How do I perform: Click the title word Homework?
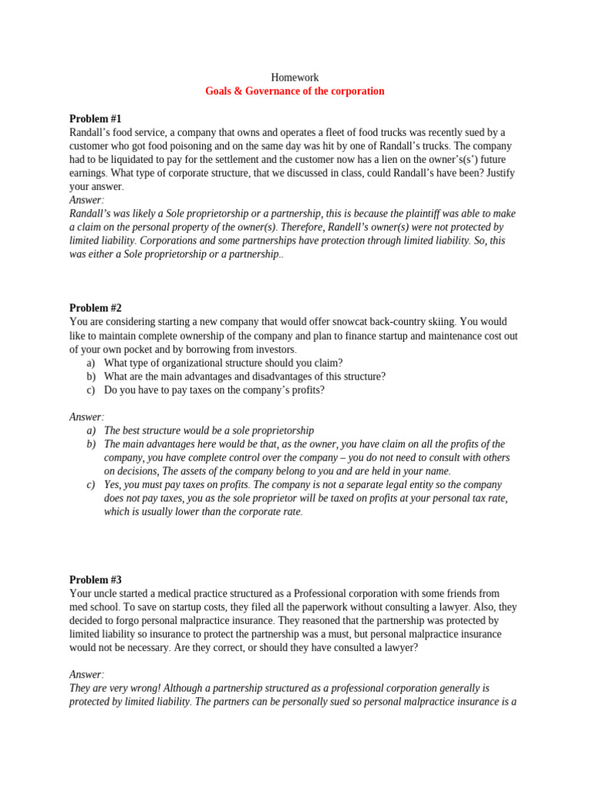[x=295, y=78]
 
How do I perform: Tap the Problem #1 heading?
[x=95, y=118]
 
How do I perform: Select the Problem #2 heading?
[x=95, y=308]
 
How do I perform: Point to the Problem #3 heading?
[x=95, y=580]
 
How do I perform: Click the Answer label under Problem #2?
[x=86, y=417]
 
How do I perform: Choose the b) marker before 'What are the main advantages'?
[x=91, y=377]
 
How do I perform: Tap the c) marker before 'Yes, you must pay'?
[x=91, y=485]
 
